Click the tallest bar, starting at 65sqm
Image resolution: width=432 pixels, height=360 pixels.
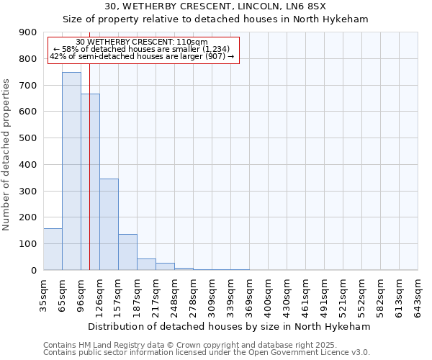[71, 171]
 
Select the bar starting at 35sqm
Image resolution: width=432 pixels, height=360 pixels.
[53, 249]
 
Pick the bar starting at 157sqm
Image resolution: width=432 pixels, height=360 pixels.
[127, 252]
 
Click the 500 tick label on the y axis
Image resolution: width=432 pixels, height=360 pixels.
[28, 138]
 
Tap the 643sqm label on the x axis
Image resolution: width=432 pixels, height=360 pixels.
[418, 294]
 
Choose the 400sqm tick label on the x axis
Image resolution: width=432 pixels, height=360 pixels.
[268, 294]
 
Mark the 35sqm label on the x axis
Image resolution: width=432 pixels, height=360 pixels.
[43, 294]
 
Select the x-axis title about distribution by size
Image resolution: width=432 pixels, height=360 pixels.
[230, 326]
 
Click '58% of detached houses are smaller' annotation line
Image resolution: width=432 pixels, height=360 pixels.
[141, 49]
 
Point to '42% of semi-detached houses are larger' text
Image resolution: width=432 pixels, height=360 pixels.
[141, 56]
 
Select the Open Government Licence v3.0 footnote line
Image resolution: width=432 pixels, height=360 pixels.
[207, 353]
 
